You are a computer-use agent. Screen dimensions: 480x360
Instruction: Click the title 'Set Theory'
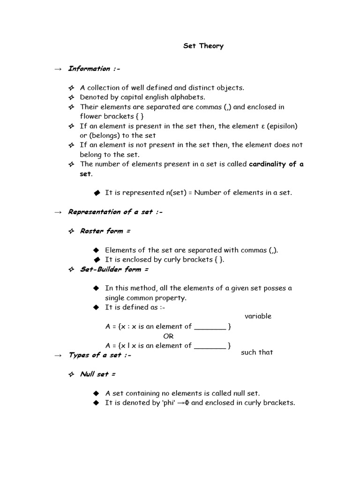pos(203,46)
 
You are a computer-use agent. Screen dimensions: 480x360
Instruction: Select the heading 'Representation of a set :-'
pos(114,212)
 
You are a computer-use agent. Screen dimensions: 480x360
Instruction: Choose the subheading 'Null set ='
pos(97,374)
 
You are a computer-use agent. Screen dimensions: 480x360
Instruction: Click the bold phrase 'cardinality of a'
pos(276,164)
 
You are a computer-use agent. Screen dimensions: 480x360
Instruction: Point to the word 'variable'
pos(258,316)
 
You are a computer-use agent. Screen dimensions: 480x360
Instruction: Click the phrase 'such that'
pos(257,352)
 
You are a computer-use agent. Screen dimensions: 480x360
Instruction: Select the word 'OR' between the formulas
pos(168,336)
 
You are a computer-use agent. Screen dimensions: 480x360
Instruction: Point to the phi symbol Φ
pos(186,403)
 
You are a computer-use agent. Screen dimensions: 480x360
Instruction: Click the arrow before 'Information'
pos(58,69)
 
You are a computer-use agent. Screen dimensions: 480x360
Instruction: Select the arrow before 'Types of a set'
pos(58,355)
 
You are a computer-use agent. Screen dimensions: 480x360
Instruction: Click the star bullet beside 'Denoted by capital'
pos(71,97)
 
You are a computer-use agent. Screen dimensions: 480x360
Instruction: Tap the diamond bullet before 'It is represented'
pos(97,193)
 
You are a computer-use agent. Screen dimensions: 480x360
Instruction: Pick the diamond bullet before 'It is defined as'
pos(97,307)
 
